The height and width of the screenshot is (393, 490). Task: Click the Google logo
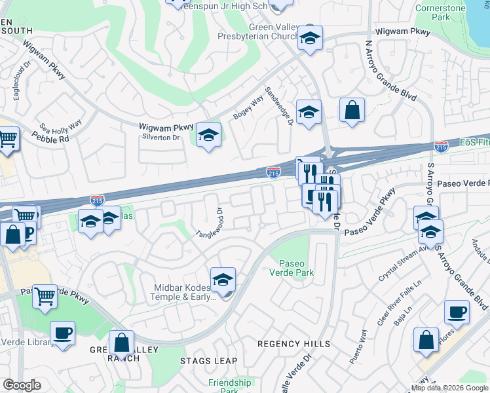[21, 385]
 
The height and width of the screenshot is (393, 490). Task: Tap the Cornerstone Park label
[441, 12]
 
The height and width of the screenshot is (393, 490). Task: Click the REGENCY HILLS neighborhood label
[293, 344]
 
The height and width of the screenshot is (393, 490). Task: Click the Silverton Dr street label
[160, 138]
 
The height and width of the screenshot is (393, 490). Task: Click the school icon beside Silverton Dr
[208, 135]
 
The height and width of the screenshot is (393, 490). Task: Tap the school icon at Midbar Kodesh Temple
[223, 279]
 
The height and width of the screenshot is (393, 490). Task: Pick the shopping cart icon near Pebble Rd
[7, 139]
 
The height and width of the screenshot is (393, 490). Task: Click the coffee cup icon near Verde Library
[62, 333]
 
